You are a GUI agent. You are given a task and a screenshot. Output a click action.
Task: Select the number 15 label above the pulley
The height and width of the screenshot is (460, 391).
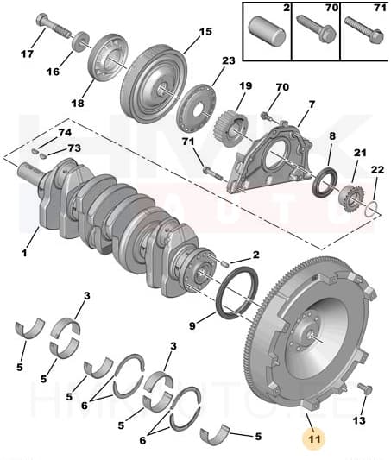[205, 32]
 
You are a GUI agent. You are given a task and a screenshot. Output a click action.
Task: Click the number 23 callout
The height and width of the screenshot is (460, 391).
[228, 60]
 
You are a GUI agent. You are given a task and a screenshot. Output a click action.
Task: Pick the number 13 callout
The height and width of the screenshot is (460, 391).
[360, 420]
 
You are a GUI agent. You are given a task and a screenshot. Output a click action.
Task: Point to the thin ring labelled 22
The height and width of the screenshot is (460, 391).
[370, 209]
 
